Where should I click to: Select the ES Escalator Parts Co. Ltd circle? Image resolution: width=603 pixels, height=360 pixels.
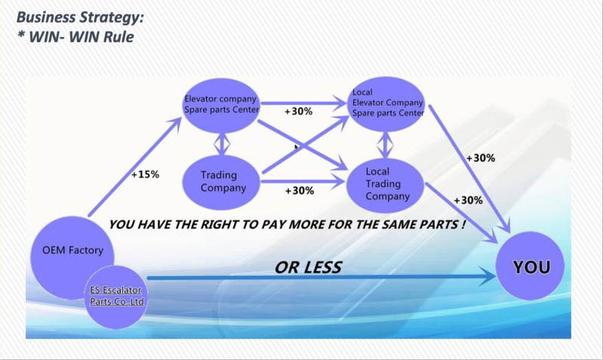tap(115, 297)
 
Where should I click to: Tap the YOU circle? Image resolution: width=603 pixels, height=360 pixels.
tap(530, 266)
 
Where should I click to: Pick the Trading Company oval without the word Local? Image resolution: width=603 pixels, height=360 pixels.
tap(220, 183)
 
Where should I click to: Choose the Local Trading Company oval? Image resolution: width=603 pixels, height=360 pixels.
tap(386, 186)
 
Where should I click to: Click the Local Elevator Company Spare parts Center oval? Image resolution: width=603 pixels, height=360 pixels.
tap(387, 104)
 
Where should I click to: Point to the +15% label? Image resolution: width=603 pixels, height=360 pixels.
tap(145, 174)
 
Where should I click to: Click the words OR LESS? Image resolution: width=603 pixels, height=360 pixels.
tap(308, 267)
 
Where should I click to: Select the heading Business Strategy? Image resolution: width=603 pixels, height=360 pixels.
tap(80, 17)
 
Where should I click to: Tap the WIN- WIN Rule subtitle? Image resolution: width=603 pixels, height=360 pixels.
tap(75, 37)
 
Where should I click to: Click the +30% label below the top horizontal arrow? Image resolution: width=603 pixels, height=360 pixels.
tap(298, 111)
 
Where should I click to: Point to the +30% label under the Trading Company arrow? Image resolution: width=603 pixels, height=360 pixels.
tap(300, 190)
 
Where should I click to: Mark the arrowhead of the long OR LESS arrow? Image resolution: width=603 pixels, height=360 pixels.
tap(488, 277)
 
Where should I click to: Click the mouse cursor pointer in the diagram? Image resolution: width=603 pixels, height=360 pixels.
tap(297, 147)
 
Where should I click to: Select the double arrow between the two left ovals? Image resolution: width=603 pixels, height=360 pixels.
tap(222, 144)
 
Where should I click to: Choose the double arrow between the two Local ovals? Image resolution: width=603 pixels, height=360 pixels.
tap(385, 145)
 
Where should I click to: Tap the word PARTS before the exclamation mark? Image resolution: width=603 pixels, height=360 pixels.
tap(438, 224)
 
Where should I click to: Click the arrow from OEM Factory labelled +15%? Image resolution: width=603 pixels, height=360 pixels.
tap(134, 167)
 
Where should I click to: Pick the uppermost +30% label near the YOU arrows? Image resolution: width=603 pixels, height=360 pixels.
tap(480, 158)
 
